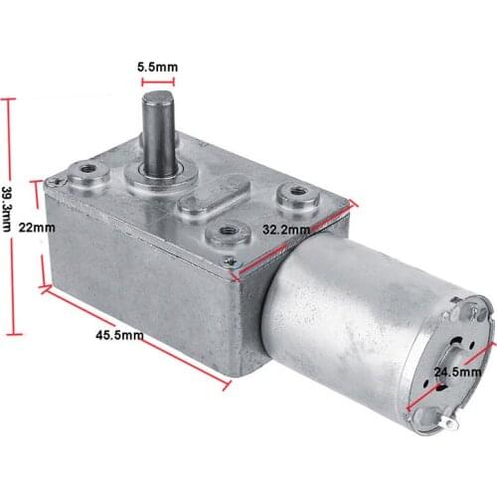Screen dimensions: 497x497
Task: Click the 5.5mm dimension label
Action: [158, 67]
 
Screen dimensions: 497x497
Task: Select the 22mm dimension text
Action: [37, 228]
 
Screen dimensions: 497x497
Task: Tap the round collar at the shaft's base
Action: [160, 177]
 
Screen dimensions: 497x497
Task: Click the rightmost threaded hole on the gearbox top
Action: [295, 193]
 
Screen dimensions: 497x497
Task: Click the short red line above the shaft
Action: [158, 82]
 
